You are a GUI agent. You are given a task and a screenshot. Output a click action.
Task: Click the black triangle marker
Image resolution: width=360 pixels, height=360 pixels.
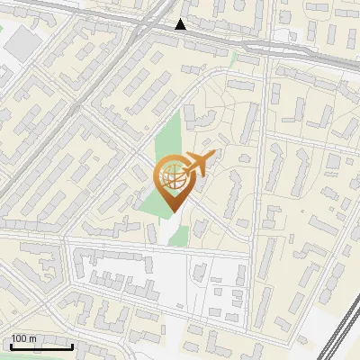click(x=181, y=24)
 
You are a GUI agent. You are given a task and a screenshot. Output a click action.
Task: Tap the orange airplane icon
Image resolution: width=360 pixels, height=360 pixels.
click(x=198, y=165)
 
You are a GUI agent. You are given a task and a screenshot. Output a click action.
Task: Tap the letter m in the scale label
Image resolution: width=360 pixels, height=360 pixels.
click(x=34, y=338)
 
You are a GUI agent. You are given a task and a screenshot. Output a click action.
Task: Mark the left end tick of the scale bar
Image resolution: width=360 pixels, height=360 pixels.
click(x=11, y=346)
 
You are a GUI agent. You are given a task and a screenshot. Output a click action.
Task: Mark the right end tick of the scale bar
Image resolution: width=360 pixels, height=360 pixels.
click(x=73, y=346)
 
